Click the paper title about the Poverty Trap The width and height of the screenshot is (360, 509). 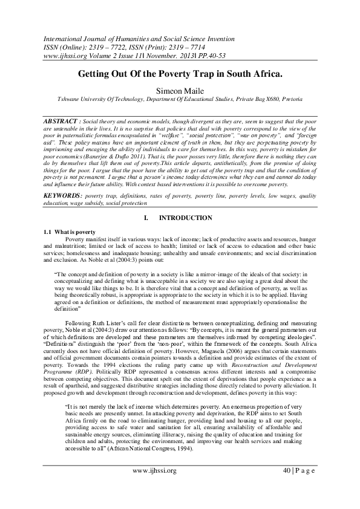tap(180, 73)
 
